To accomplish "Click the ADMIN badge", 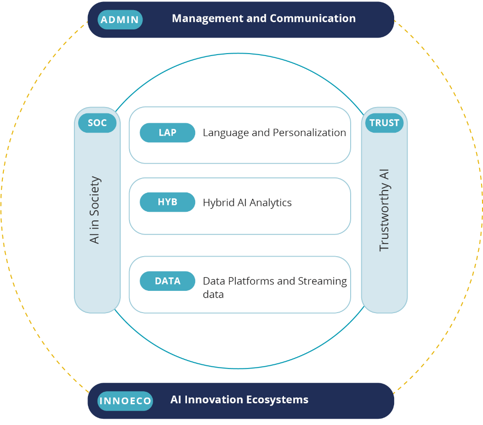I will pyautogui.click(x=120, y=20).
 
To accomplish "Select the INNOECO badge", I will pyautogui.click(x=125, y=401).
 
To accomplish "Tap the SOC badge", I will pyautogui.click(x=97, y=123).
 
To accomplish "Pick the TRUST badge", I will pyautogui.click(x=384, y=123).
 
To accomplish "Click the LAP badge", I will pyautogui.click(x=167, y=133).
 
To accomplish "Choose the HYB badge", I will pyautogui.click(x=167, y=202).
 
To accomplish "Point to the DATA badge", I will pyautogui.click(x=167, y=281).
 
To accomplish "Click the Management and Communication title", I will pyautogui.click(x=264, y=19).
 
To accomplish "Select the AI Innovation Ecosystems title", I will pyautogui.click(x=239, y=400).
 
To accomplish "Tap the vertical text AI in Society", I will pyautogui.click(x=95, y=210).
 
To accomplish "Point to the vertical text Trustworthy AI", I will pyautogui.click(x=384, y=210).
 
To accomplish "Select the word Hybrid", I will pyautogui.click(x=218, y=203).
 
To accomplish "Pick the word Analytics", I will pyautogui.click(x=270, y=203).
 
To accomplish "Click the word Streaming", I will pyautogui.click(x=322, y=281).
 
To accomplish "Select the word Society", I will pyautogui.click(x=95, y=193).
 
